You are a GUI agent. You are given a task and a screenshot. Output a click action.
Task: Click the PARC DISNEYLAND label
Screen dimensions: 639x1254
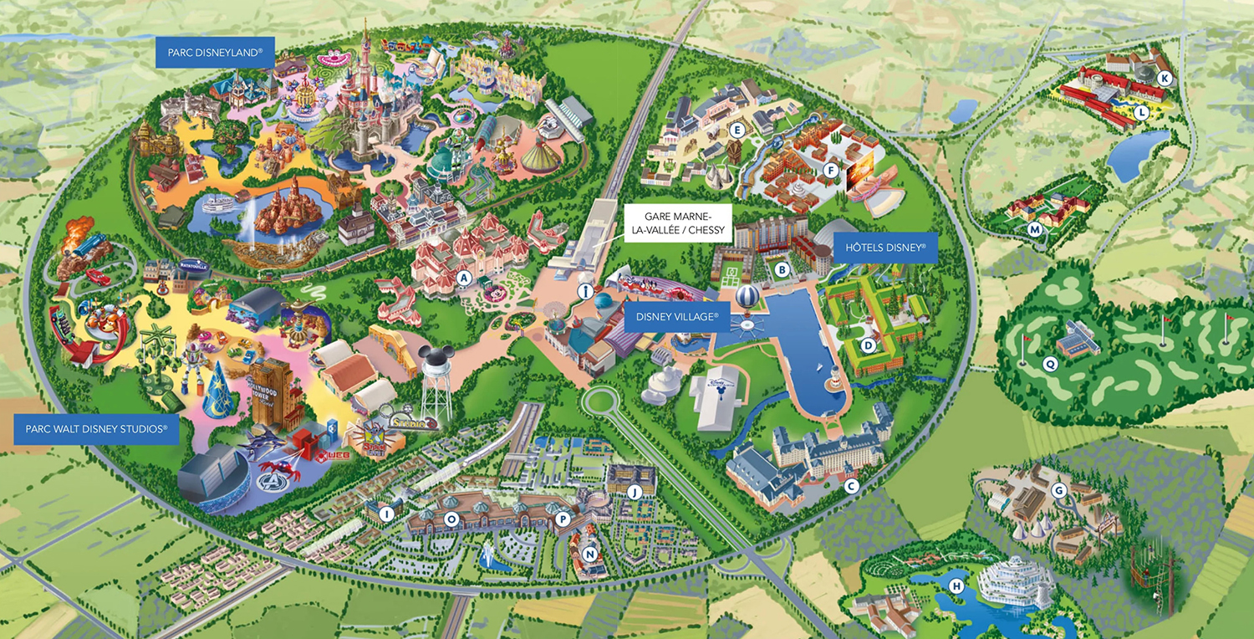[x=215, y=53]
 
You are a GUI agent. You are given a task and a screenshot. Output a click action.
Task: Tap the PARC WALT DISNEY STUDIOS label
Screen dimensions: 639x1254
[x=96, y=429]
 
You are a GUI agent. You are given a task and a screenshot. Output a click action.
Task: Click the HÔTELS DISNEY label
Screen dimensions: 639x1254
[x=885, y=248]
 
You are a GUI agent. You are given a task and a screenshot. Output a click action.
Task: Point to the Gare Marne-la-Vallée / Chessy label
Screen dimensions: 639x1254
[x=678, y=222]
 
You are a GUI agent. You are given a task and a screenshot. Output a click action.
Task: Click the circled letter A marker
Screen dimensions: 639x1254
[x=465, y=278]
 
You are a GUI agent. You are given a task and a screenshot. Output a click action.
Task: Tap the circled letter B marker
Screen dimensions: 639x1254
[x=782, y=269]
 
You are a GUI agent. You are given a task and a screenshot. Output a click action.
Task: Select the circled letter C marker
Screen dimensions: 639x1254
[x=852, y=486]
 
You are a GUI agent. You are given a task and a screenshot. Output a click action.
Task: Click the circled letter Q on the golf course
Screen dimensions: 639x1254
[x=1049, y=364]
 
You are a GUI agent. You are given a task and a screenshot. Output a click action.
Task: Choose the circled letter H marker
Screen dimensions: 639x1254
[x=956, y=586]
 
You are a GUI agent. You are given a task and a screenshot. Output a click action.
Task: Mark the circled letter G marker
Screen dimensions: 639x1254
[x=1059, y=490]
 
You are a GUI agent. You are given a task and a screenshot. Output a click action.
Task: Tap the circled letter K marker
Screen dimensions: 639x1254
[x=1165, y=78]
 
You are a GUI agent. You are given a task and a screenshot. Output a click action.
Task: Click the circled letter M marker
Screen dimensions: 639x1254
[x=1035, y=229]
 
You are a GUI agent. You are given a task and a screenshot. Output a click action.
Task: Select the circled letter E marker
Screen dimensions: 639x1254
[x=737, y=130]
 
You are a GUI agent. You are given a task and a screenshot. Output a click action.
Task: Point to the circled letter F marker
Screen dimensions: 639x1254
[x=830, y=170]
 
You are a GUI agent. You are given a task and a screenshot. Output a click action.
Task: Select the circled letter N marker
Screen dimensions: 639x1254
[x=590, y=553]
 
